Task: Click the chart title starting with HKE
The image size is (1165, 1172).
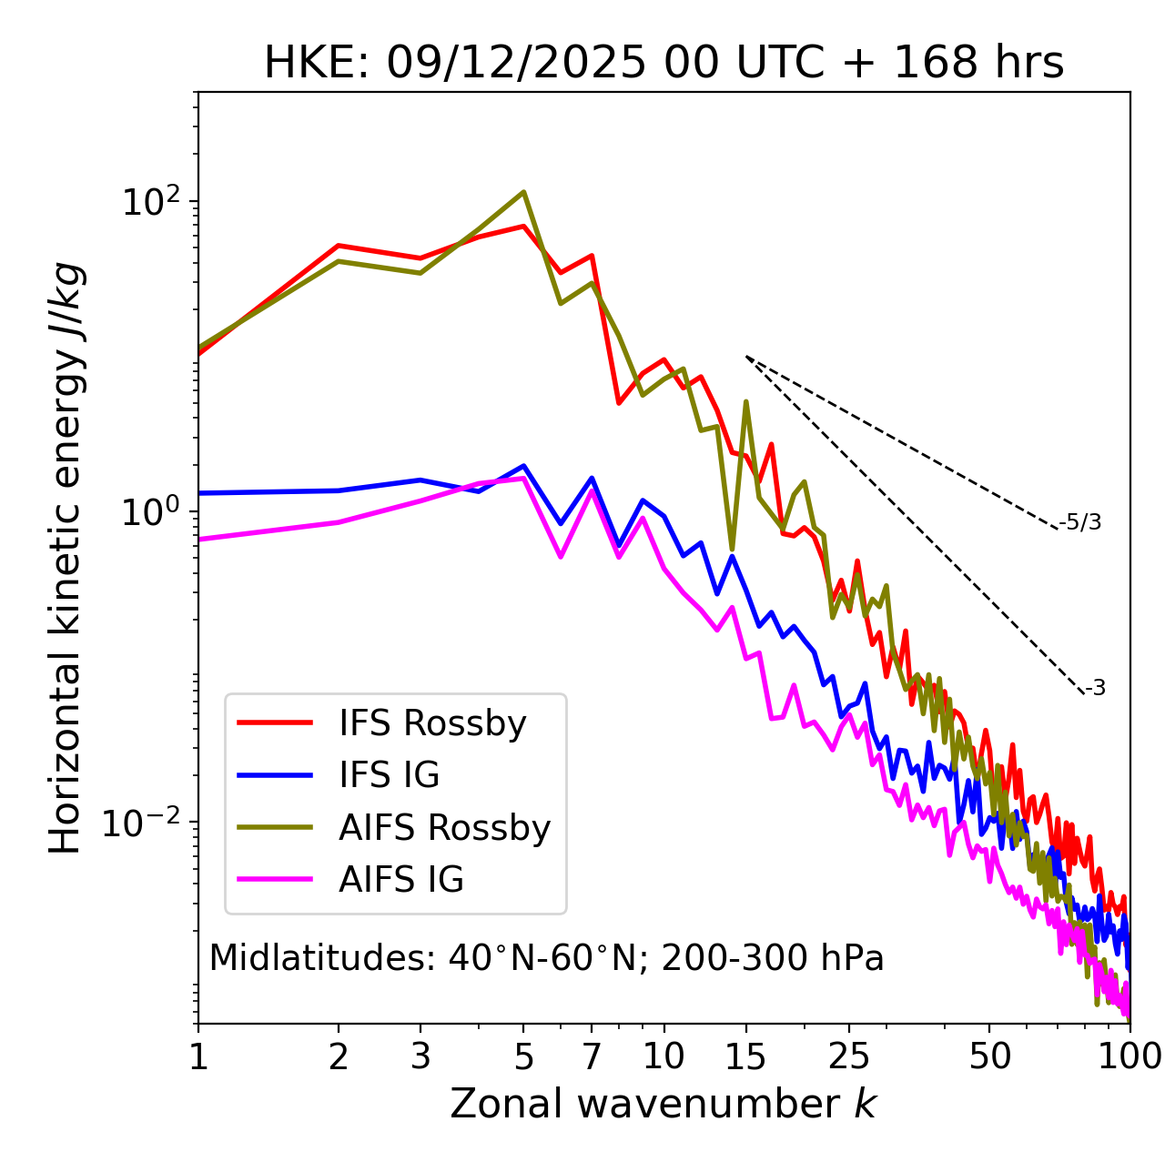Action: tap(664, 64)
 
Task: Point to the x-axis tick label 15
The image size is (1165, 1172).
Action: tap(745, 1056)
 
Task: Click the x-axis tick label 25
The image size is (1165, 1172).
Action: tap(849, 1056)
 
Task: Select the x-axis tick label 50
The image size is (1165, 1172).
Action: tap(989, 1056)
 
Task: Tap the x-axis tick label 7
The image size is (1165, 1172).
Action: tap(592, 1056)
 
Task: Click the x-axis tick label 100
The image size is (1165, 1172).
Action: tap(1129, 1056)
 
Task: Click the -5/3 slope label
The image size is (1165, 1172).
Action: tap(1080, 522)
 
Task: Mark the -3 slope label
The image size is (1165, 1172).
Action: tap(1095, 689)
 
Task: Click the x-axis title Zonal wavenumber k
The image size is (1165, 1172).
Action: tap(663, 1104)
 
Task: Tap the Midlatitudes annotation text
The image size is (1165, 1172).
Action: tap(546, 958)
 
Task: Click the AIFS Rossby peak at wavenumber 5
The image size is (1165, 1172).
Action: tap(523, 192)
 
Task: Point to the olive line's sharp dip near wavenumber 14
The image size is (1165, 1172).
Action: tap(732, 549)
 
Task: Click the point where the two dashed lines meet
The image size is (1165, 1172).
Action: tap(746, 357)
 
